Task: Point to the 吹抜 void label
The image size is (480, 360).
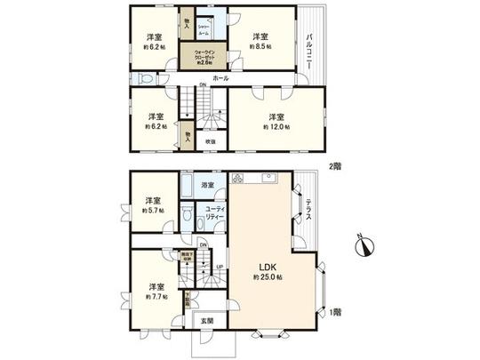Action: coord(211,141)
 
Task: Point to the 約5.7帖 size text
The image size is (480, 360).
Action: coord(154,212)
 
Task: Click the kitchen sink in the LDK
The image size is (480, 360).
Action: coord(267,180)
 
